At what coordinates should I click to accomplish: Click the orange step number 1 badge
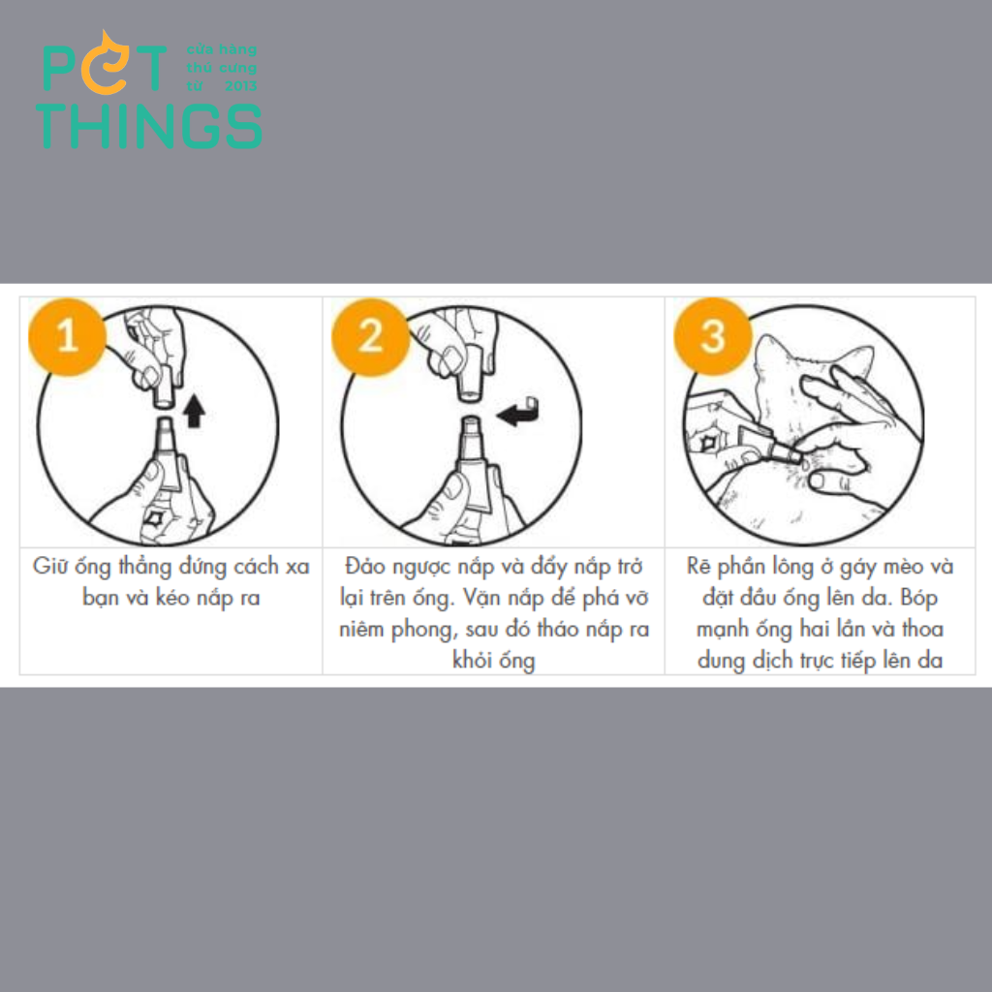coord(67,336)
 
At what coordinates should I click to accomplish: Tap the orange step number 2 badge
coord(371,336)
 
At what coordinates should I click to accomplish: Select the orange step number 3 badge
coord(713,336)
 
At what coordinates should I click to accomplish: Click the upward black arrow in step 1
coord(194,411)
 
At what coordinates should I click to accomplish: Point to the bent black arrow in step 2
coord(519,413)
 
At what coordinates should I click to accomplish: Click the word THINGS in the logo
coord(149,127)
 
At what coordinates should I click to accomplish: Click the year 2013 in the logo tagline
coord(241,86)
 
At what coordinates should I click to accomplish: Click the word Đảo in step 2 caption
coord(365,566)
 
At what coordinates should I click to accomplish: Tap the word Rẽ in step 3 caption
coord(698,566)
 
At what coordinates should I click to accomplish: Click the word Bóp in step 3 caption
coord(919,598)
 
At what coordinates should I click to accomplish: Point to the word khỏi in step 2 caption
coord(472,661)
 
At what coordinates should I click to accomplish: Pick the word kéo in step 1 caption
coord(172,598)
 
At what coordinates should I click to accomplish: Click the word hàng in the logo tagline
coord(238,50)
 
